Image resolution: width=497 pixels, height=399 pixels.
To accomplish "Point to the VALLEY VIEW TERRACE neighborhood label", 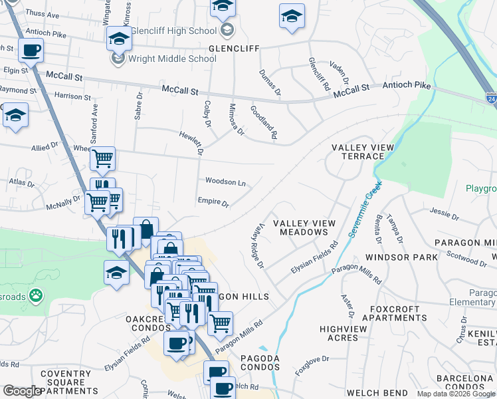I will (362, 152).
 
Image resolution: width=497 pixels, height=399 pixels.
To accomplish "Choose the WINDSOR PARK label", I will (398, 257).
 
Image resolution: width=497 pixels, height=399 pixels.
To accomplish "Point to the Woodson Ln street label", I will (225, 182).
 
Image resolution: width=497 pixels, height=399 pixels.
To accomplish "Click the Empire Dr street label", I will (213, 201).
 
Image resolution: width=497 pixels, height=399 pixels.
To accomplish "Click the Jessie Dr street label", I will (445, 215).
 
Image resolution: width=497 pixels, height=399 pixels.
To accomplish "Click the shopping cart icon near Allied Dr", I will (102, 158).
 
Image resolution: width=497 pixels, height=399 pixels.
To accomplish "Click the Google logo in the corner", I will (21, 391).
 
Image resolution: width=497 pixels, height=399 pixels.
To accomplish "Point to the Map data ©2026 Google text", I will (455, 394).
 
